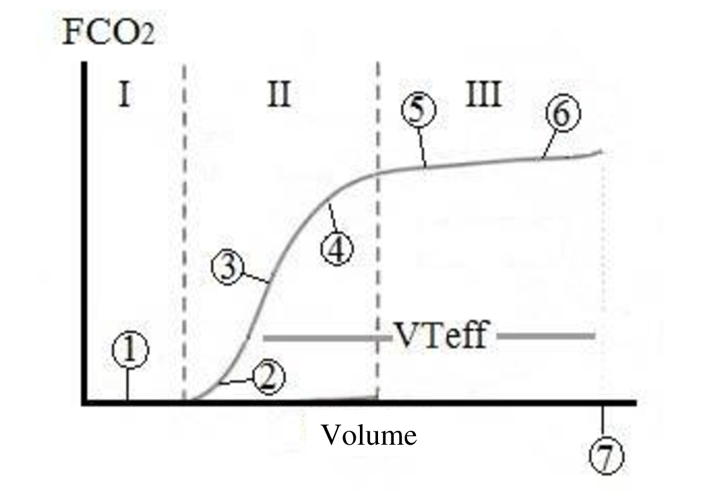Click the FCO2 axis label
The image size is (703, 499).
109,33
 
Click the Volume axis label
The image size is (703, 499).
368,435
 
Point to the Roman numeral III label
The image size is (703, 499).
484,94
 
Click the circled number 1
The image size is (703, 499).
130,350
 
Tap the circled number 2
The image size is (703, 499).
268,377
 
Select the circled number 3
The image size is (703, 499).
229,267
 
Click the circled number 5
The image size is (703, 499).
418,110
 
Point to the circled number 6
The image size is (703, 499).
563,113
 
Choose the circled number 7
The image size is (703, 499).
606,456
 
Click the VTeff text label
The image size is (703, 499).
441,335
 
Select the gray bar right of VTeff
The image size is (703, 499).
546,335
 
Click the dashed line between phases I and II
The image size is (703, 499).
184,231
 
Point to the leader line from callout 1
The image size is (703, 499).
128,384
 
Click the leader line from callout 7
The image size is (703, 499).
603,423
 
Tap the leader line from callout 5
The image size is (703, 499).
422,147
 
